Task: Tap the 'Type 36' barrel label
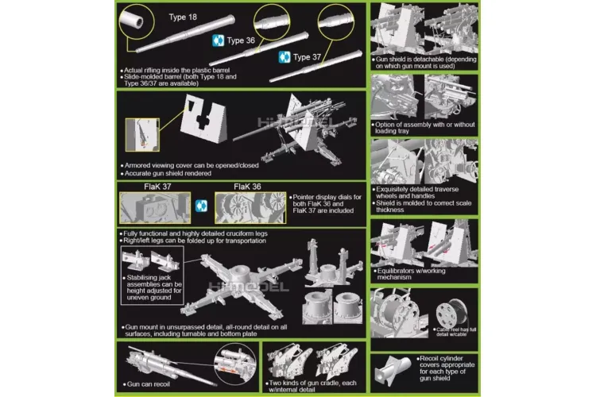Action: [241, 40]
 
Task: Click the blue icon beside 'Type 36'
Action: [216, 40]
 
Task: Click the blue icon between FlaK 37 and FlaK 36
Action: [202, 205]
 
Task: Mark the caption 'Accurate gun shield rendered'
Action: [178, 173]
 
